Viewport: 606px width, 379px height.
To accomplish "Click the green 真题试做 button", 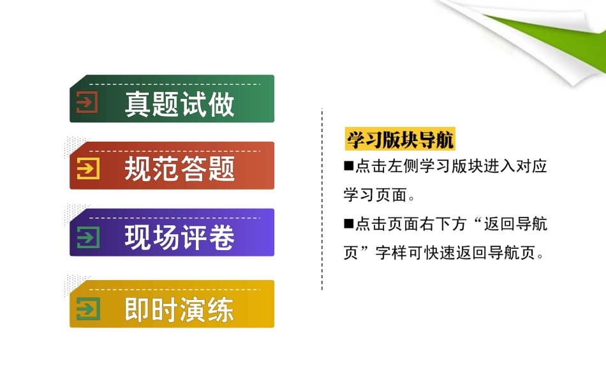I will click(172, 99).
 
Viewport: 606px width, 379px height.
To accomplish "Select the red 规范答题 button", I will click(172, 166).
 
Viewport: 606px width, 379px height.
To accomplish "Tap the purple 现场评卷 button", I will click(172, 233).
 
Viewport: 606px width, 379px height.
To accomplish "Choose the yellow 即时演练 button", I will click(172, 304).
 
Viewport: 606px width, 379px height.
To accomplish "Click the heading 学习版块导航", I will click(401, 139).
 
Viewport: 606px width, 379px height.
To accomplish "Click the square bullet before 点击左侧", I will click(348, 167).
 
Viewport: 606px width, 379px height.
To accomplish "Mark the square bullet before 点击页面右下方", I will click(348, 223).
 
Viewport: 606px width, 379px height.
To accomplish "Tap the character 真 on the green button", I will click(137, 105).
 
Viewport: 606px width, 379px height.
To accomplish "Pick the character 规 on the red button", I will click(137, 170).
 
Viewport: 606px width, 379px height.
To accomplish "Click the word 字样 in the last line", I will click(391, 253).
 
